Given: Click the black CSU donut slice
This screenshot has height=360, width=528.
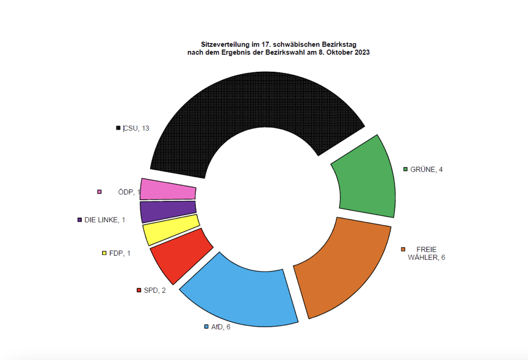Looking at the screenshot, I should pos(246,106).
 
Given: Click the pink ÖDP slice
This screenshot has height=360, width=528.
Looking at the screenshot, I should pos(168,190).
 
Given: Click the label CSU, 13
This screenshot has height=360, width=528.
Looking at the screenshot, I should pos(136,128).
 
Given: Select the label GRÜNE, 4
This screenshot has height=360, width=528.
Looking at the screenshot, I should pos(426,169).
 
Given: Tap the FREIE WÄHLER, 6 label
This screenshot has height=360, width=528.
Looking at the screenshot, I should pos(426,254).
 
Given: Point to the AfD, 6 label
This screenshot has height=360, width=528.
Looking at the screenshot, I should pos(221,327).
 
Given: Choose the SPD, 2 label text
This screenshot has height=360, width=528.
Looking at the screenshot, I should pos(155,290).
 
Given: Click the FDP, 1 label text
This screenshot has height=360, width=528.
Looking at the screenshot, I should pos(120,253).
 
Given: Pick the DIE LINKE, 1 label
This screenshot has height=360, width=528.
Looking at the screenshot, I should pos(105,220).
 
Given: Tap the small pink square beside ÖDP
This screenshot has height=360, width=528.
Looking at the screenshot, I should pos(99,192).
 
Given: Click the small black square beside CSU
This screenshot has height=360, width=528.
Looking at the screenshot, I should pos(118,128).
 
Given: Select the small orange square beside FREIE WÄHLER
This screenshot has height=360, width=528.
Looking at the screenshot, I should pos(403,249).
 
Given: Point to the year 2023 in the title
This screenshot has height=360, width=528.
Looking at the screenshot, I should pos(362,52).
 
